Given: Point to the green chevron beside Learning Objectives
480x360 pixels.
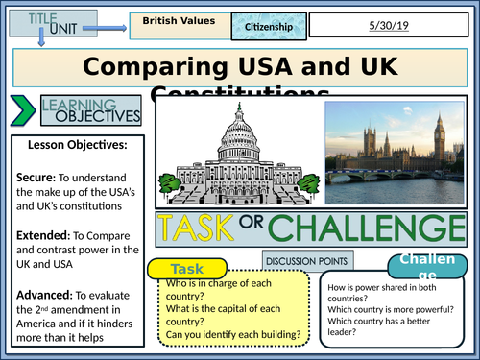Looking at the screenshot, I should [x=19, y=111].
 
